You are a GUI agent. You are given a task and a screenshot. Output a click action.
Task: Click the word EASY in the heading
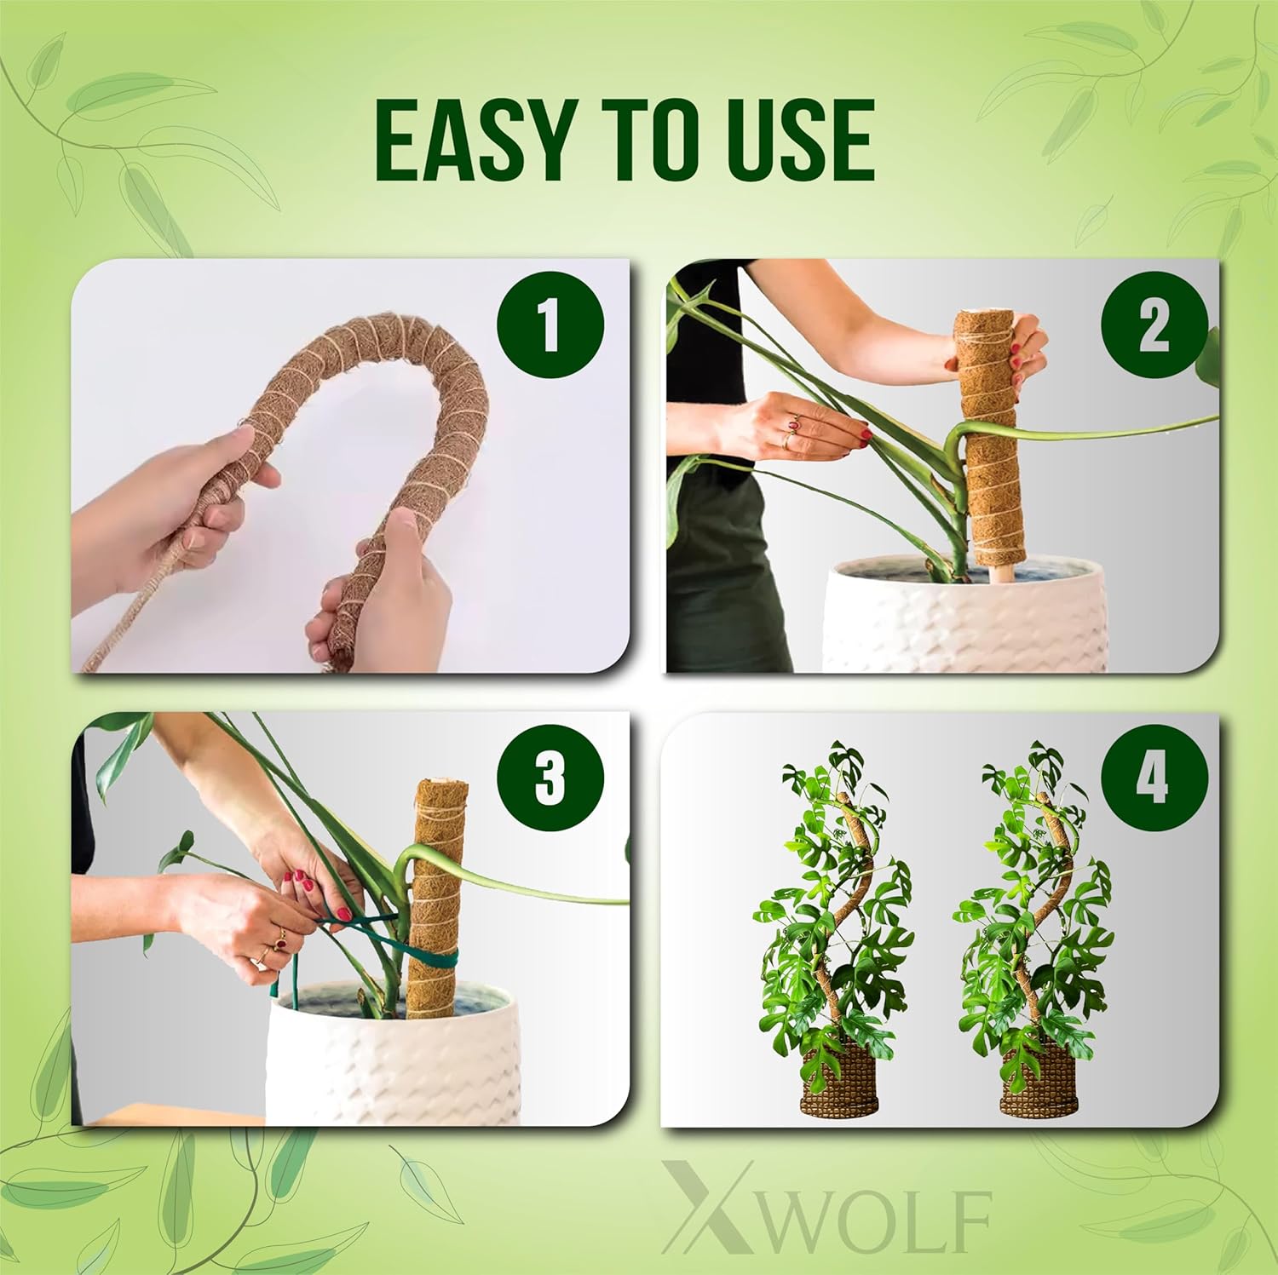470,141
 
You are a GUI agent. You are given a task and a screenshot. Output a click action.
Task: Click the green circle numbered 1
550,326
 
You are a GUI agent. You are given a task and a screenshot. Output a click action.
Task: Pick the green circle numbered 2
1154,326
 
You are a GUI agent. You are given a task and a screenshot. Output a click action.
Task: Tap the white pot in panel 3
394,1052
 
